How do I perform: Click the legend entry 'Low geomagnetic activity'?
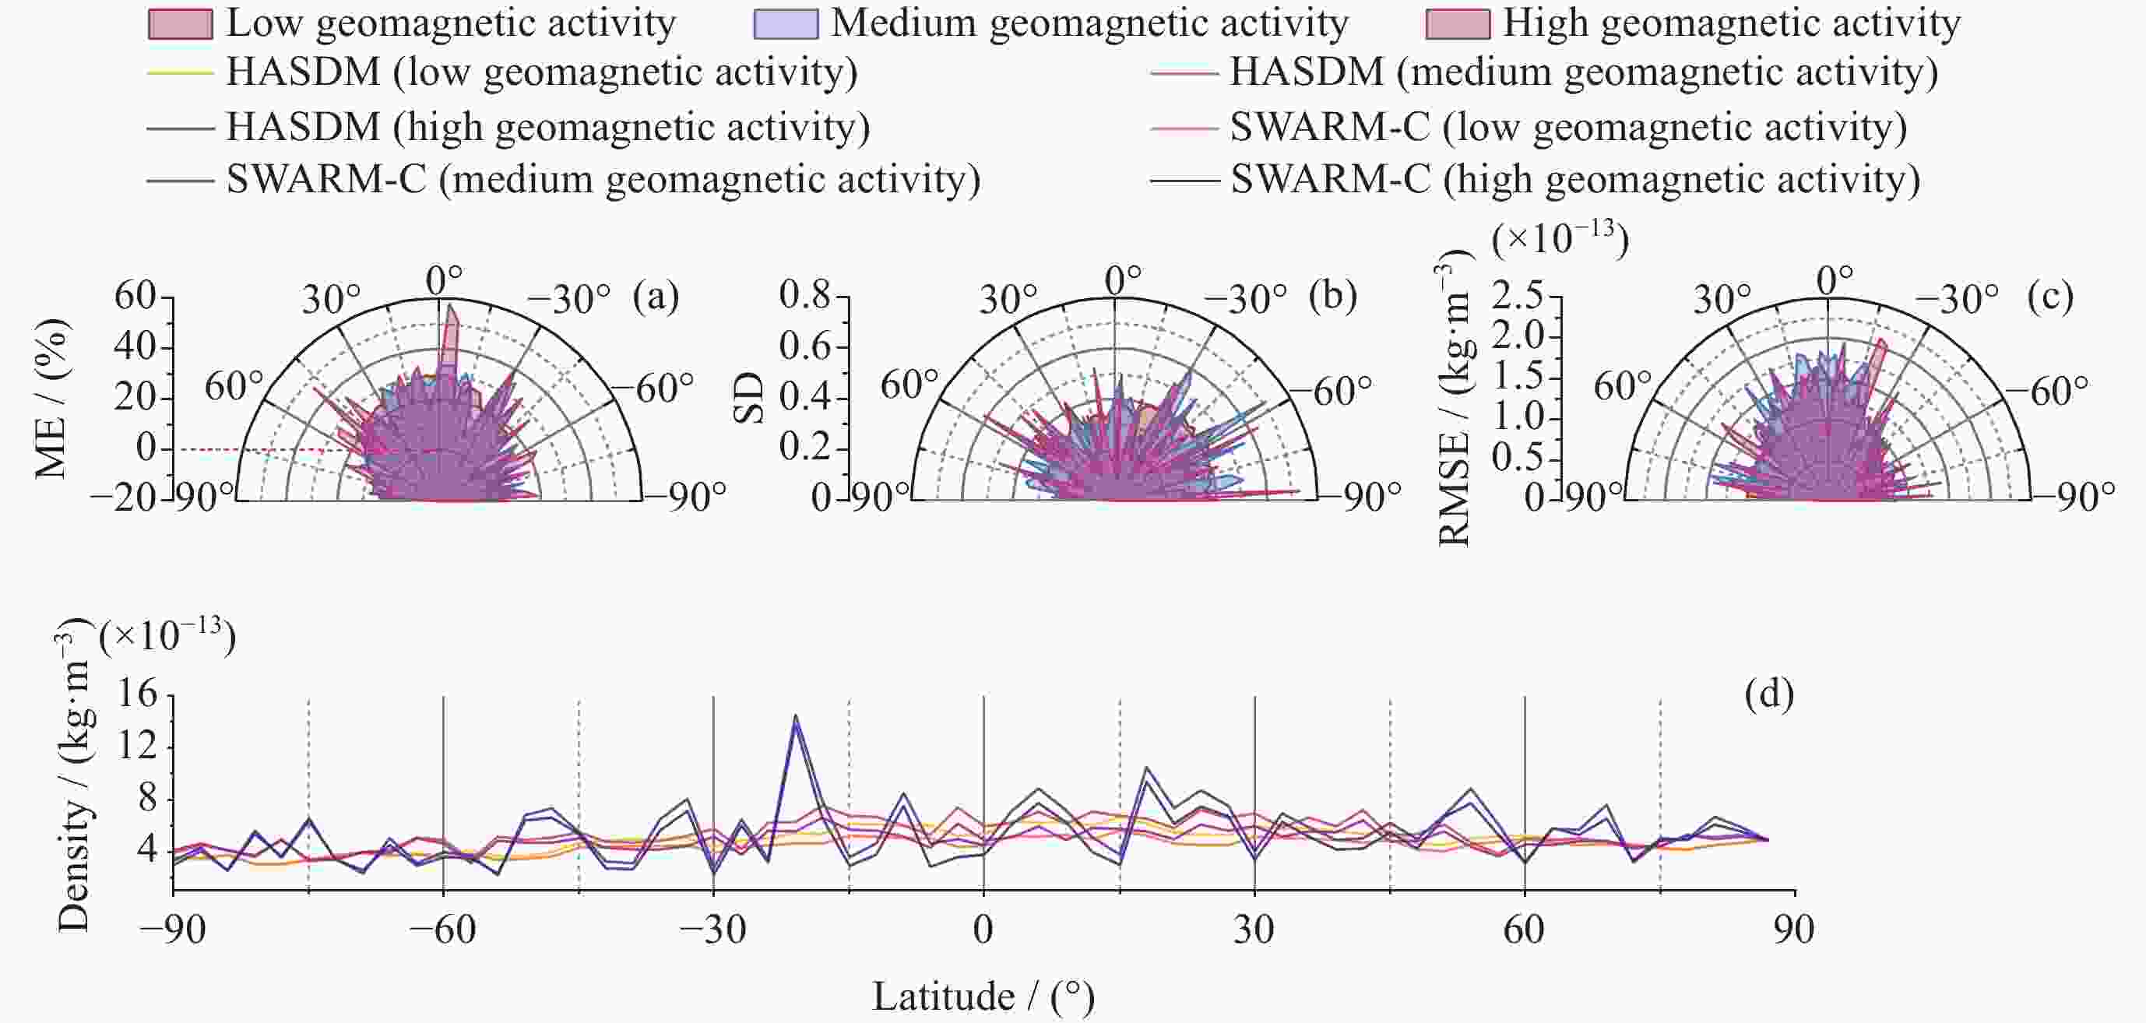(450, 23)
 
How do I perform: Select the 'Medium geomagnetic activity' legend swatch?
(786, 23)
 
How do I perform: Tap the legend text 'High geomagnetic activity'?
(1731, 23)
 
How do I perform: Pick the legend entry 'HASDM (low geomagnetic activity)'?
(541, 72)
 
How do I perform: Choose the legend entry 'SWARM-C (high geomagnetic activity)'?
(1574, 179)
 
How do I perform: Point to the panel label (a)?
(656, 297)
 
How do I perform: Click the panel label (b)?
(1333, 297)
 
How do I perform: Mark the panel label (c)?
(2050, 297)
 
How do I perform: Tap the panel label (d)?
(1768, 693)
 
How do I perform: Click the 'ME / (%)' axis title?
(51, 398)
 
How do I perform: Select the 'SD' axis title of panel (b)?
(749, 398)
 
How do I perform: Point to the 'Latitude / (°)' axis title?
(983, 997)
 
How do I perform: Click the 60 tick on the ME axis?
(135, 297)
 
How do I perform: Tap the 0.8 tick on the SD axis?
(805, 295)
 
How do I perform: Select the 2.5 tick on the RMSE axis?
(1517, 297)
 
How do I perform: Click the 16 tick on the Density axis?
(136, 693)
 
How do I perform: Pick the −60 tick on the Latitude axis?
(442, 930)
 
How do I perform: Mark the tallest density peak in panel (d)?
(796, 715)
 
